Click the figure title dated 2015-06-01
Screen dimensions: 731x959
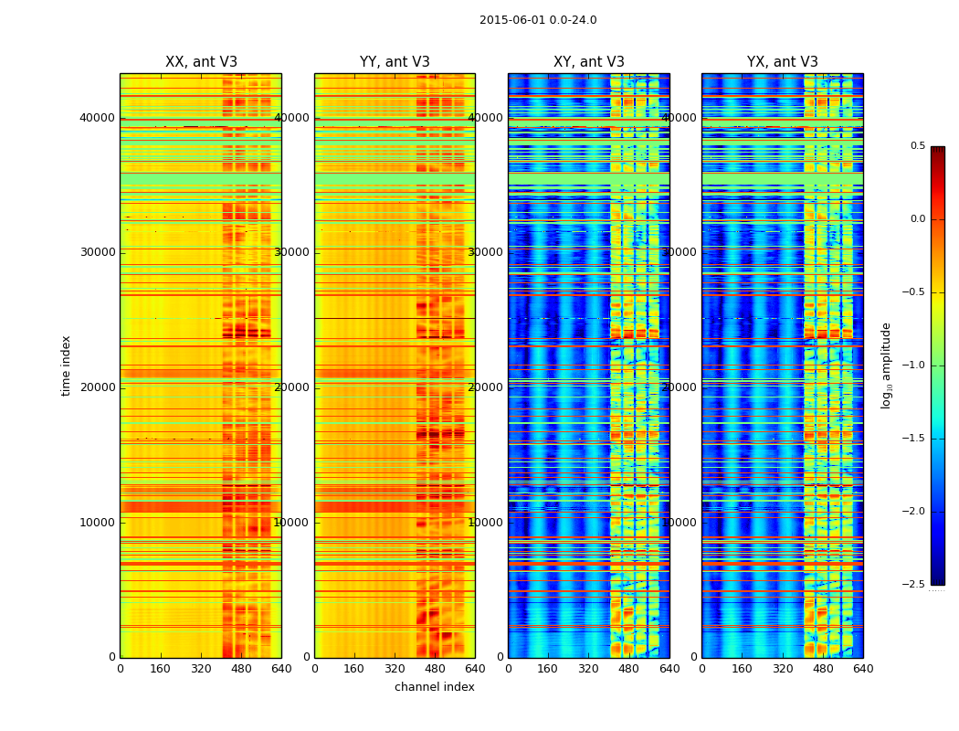tap(538, 20)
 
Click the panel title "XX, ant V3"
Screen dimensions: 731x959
tap(201, 62)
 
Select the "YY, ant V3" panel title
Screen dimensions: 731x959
tap(395, 62)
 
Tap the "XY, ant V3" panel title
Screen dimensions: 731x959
tap(589, 62)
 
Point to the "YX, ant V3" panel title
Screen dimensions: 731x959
tap(783, 62)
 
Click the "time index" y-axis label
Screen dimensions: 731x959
tap(66, 365)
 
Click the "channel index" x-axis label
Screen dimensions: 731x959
tap(435, 687)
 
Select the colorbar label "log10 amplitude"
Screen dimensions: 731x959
tap(886, 365)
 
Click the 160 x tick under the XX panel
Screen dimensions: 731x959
tap(161, 668)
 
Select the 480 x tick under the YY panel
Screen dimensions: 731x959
tap(435, 668)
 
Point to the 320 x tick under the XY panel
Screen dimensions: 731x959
tap(589, 668)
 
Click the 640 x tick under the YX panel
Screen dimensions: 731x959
tap(863, 668)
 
